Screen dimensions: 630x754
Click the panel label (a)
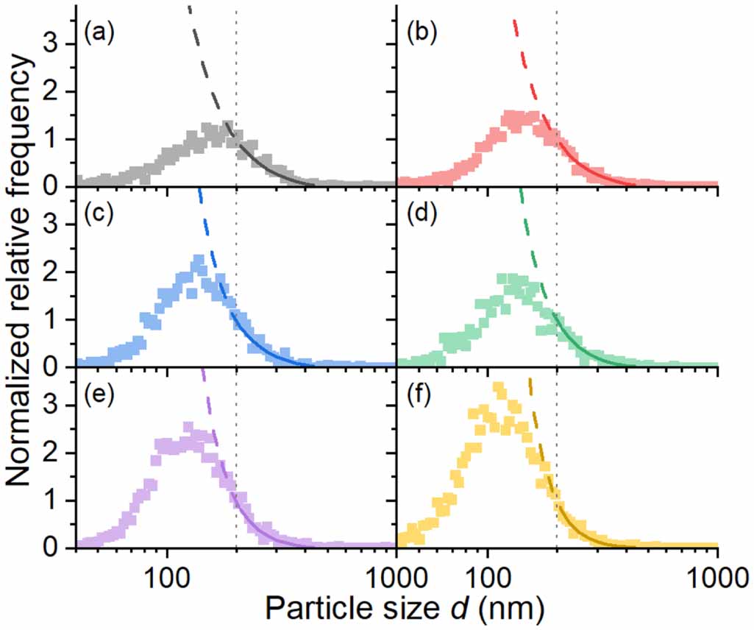pyautogui.click(x=99, y=33)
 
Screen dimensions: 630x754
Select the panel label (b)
pyautogui.click(x=420, y=33)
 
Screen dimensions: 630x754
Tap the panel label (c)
pyautogui.click(x=99, y=214)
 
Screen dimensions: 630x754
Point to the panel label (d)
pyautogui.click(x=420, y=214)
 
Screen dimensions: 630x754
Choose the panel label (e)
pyautogui.click(x=99, y=395)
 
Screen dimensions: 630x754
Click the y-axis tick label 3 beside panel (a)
pyautogui.click(x=64, y=44)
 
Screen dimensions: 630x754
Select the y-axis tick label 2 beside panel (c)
pyautogui.click(x=64, y=272)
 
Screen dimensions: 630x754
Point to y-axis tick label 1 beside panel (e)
pyautogui.click(x=64, y=501)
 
